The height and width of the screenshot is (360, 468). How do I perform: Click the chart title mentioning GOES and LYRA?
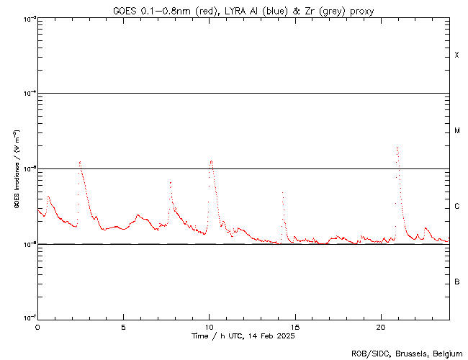[x=243, y=11]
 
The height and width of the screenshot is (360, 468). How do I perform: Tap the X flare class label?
[x=457, y=55]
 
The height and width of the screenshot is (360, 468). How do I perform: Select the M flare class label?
[x=457, y=131]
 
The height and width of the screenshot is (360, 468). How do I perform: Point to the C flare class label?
[x=457, y=207]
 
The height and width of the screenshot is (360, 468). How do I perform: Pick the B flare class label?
[x=457, y=282]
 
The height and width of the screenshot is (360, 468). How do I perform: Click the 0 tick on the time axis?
[x=37, y=327]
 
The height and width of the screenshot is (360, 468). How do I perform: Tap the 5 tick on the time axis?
[x=123, y=327]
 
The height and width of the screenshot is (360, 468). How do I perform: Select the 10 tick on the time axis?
[x=209, y=327]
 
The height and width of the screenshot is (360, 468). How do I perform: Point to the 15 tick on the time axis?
[x=294, y=327]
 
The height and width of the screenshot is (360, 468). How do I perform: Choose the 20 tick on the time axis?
[x=380, y=327]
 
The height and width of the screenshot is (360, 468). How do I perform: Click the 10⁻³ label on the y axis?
[x=29, y=19]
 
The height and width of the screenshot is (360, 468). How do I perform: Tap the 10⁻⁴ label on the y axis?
[x=29, y=94]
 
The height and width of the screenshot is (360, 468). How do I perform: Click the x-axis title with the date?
[x=243, y=336]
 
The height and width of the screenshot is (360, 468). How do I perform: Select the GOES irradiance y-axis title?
[x=16, y=169]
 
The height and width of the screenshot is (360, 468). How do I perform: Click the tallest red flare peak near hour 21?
[x=397, y=148]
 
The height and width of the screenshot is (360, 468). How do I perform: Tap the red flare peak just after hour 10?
[x=211, y=161]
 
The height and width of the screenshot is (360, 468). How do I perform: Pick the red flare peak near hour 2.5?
[x=80, y=162]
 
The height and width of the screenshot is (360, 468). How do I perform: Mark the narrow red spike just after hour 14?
[x=282, y=193]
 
